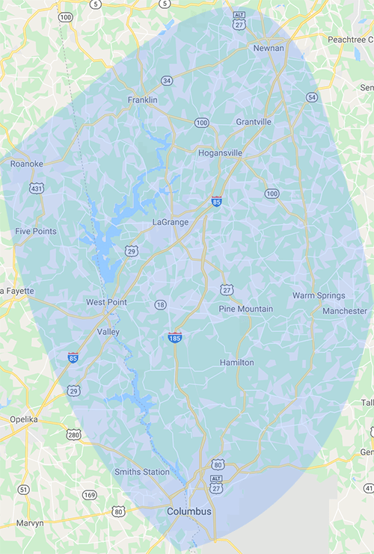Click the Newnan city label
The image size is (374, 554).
tap(269, 48)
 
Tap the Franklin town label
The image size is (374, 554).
tap(142, 99)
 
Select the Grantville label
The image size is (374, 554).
tap(254, 121)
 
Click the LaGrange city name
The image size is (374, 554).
tap(170, 222)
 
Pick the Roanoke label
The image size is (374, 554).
tap(27, 163)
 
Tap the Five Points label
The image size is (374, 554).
tap(35, 232)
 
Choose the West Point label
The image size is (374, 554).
tap(106, 302)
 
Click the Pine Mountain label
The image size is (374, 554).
tap(245, 309)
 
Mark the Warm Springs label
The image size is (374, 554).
tap(319, 296)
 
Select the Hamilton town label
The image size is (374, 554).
tap(236, 363)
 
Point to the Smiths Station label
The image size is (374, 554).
tap(141, 472)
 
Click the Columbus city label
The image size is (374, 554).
tap(188, 511)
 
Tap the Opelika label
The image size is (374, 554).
tap(23, 419)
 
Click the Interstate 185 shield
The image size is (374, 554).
tap(175, 338)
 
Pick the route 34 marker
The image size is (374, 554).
tap(167, 81)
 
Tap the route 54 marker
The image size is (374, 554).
tap(311, 98)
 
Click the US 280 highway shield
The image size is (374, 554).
tap(73, 434)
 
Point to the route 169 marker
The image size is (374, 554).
tap(90, 495)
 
